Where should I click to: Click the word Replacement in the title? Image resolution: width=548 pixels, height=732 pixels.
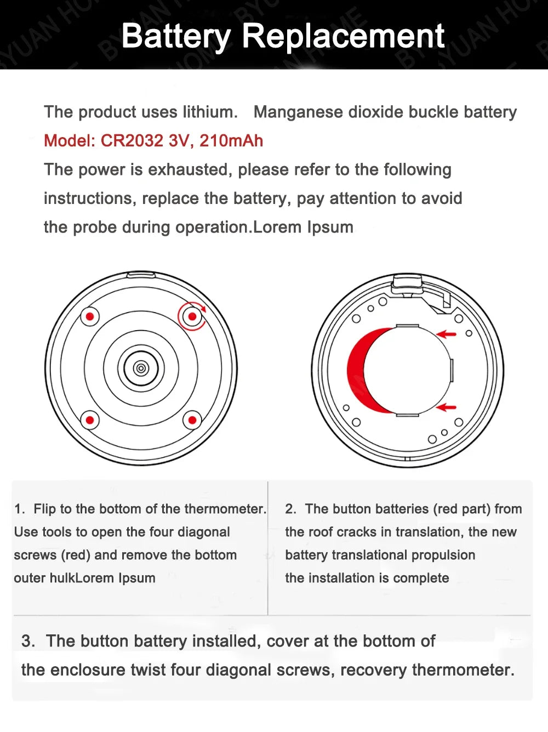click(342, 36)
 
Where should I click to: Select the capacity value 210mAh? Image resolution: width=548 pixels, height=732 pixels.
click(231, 141)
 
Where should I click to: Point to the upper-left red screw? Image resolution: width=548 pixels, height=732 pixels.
click(90, 316)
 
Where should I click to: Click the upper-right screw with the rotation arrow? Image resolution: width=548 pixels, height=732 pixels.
click(192, 316)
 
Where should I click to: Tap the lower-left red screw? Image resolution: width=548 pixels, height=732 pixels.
click(90, 421)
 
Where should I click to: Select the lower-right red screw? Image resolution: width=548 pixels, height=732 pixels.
click(192, 421)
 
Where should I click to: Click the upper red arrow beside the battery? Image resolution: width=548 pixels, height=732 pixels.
click(447, 333)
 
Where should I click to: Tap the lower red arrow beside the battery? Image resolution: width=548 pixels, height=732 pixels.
click(447, 407)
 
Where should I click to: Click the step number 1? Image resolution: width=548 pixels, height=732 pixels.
click(19, 509)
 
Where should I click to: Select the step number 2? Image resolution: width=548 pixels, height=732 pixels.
click(290, 509)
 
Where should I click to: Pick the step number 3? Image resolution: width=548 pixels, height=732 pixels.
click(27, 641)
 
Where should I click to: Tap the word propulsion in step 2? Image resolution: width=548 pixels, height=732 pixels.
click(443, 555)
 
